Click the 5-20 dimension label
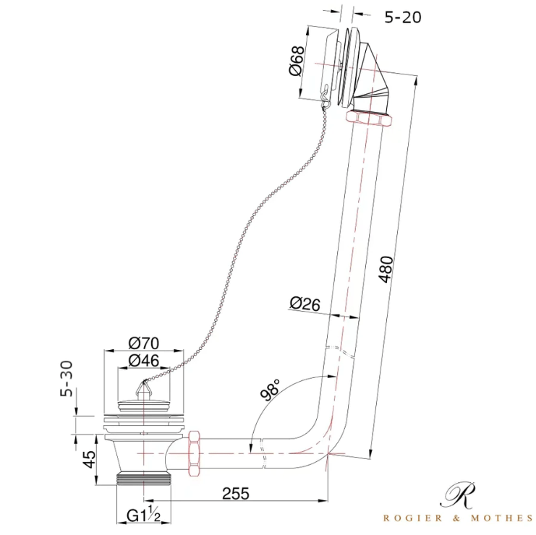click(x=403, y=17)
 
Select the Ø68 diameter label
click(x=297, y=61)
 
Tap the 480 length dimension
click(x=386, y=269)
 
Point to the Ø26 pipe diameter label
click(x=305, y=304)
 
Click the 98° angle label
click(x=271, y=389)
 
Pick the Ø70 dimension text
click(x=144, y=343)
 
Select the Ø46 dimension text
click(x=144, y=361)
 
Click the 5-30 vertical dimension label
click(x=67, y=379)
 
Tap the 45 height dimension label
click(x=90, y=460)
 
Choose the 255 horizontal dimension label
click(x=236, y=494)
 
